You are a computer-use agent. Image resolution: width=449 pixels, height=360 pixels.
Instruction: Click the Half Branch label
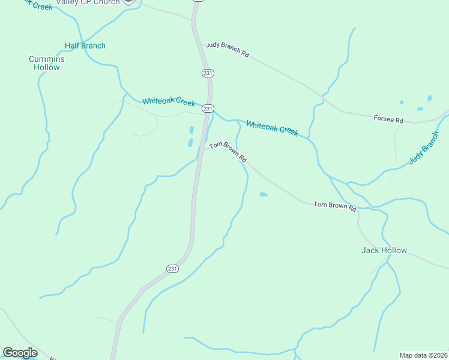click(85, 46)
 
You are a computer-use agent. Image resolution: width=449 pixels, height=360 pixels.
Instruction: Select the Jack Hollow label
click(384, 250)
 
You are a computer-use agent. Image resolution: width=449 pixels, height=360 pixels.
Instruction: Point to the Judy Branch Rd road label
click(227, 49)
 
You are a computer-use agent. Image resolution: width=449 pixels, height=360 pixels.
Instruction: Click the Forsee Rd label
click(388, 119)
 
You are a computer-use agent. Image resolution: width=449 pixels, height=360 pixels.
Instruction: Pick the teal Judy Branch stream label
click(424, 148)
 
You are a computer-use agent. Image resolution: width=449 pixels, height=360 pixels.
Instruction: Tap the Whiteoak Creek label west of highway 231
click(169, 101)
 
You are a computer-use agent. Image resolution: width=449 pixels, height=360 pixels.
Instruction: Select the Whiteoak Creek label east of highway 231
click(272, 128)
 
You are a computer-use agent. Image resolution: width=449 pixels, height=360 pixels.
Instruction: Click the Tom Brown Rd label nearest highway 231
click(228, 152)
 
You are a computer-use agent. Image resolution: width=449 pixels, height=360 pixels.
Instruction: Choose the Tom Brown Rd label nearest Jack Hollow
click(335, 206)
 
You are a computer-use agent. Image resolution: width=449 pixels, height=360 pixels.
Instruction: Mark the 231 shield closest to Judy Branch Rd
click(208, 73)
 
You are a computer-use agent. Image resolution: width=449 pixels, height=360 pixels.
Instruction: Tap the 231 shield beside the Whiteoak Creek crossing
click(208, 109)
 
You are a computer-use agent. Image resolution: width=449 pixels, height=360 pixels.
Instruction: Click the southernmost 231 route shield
click(172, 268)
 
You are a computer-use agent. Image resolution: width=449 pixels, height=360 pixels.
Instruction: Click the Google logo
click(20, 353)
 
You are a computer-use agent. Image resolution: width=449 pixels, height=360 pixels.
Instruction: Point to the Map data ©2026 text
click(423, 355)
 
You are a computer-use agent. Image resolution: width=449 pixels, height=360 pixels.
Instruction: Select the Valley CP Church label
click(88, 2)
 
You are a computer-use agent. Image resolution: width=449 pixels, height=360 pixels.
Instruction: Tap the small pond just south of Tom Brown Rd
click(263, 194)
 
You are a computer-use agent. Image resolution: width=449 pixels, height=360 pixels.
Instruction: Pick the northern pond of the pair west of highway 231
click(192, 130)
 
